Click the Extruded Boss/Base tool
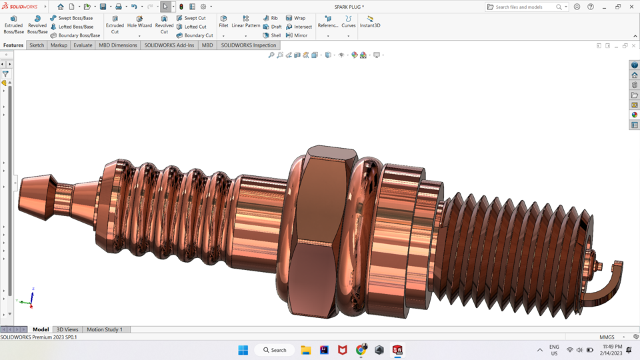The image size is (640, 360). tap(13, 25)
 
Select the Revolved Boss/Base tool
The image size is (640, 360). tap(37, 25)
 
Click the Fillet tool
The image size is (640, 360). tap(223, 21)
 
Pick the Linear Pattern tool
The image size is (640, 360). tap(245, 21)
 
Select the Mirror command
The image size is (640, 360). tap(297, 35)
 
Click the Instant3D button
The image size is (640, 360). tap(370, 21)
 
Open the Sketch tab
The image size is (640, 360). tap(37, 45)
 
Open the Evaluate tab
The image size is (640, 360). tap(83, 45)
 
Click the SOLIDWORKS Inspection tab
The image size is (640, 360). tap(248, 45)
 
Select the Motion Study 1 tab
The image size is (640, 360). tap(105, 329)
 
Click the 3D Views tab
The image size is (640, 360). tap(67, 329)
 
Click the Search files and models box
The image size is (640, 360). tap(525, 7)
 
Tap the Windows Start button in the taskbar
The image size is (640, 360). tap(243, 350)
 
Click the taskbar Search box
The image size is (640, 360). tap(275, 350)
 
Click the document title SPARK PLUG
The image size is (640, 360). tap(349, 7)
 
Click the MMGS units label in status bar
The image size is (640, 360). tap(607, 337)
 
